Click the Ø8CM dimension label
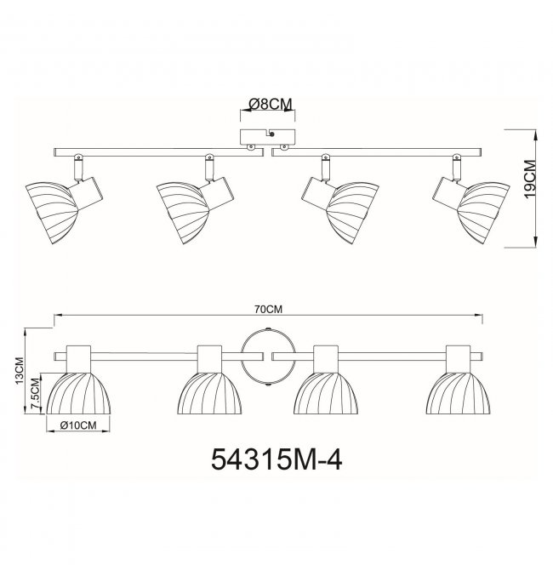[x=271, y=105]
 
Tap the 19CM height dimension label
[x=530, y=179]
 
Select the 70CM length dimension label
[x=269, y=310]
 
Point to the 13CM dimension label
[x=19, y=371]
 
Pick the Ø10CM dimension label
[x=78, y=425]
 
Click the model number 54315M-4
[x=276, y=459]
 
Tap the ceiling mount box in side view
[x=267, y=137]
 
